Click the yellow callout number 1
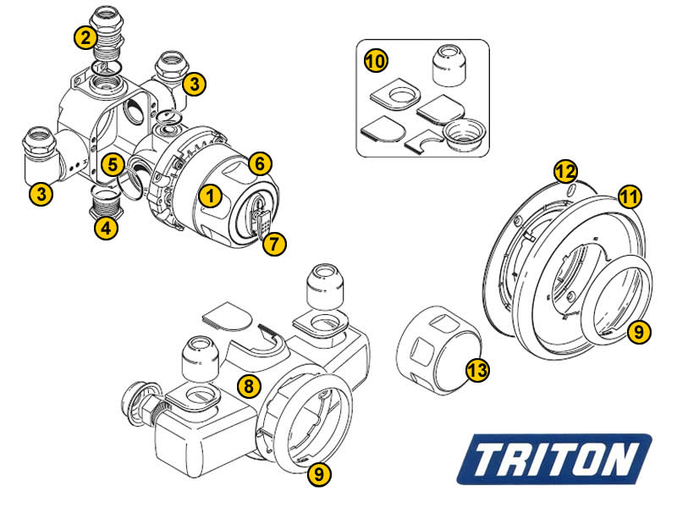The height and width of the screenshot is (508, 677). [211, 196]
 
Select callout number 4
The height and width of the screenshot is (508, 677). [107, 229]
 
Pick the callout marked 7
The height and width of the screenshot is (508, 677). [272, 245]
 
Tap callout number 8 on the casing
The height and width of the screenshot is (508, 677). [248, 386]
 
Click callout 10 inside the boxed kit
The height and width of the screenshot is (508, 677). [375, 61]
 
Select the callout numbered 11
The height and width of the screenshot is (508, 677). [628, 196]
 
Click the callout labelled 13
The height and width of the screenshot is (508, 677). [477, 369]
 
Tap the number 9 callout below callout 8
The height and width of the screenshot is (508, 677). [318, 475]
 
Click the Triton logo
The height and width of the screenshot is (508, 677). [559, 460]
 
